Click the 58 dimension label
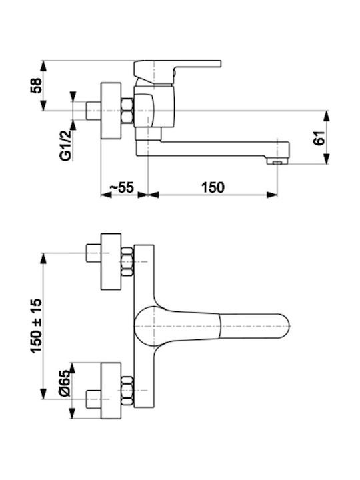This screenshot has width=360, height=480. click(36, 85)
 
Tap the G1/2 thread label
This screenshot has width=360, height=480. click(65, 145)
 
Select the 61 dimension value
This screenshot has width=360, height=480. click(319, 138)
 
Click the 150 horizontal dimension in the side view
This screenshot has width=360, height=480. click(213, 187)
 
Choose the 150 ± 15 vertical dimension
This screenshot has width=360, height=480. click(36, 326)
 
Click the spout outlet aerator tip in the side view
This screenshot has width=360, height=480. click(277, 161)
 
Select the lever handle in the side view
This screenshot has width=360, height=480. click(177, 71)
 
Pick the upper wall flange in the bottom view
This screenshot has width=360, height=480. click(111, 261)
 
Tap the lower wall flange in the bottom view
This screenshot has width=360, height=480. click(111, 391)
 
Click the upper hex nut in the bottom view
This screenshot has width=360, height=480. click(127, 262)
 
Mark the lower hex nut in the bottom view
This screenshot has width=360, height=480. click(127, 391)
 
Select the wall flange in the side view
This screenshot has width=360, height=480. click(111, 111)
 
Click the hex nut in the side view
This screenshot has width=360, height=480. click(127, 111)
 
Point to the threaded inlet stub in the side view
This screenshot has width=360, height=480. click(93, 111)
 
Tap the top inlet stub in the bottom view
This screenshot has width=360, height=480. click(93, 253)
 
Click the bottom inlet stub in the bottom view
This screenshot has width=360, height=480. click(93, 399)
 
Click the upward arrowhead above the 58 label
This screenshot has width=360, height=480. click(44, 66)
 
